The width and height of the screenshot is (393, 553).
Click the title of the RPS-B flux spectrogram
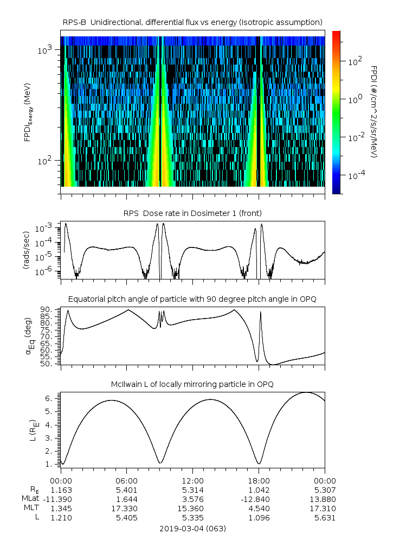pyautogui.click(x=192, y=22)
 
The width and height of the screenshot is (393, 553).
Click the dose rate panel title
pyautogui.click(x=192, y=213)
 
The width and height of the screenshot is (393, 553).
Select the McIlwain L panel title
pyautogui.click(x=192, y=384)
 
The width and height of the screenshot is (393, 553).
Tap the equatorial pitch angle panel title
pyautogui.click(x=192, y=299)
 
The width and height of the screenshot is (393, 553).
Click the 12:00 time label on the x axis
pyautogui.click(x=192, y=481)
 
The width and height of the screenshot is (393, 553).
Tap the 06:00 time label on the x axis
pyautogui.click(x=126, y=481)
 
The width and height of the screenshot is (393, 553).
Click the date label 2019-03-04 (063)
pyautogui.click(x=192, y=528)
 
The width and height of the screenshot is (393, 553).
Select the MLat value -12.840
pyautogui.click(x=259, y=499)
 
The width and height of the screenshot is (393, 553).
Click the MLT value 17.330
pyautogui.click(x=126, y=508)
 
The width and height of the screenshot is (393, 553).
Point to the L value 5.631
pyautogui.click(x=325, y=518)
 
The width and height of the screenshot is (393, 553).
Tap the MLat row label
pyautogui.click(x=28, y=499)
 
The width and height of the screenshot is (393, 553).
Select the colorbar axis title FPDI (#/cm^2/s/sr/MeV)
pyautogui.click(x=373, y=112)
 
